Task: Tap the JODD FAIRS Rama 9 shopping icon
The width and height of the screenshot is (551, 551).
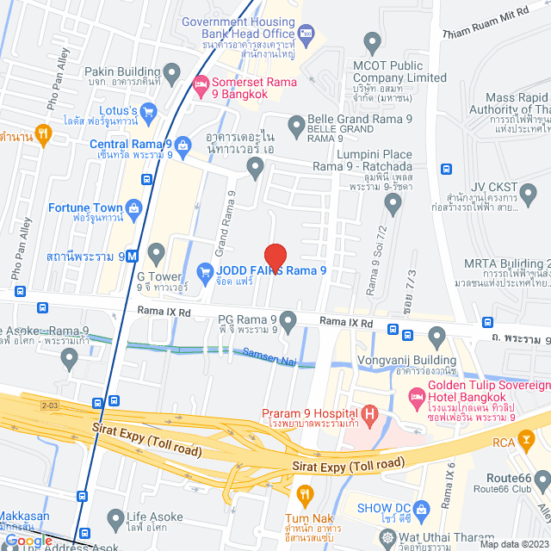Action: coord(205,272)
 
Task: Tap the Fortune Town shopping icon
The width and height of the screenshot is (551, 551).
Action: coord(133,207)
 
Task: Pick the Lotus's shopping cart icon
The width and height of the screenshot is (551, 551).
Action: coord(148,110)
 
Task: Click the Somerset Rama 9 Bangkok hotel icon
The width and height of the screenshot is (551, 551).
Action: coord(201,83)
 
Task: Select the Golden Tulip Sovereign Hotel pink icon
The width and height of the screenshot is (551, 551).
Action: coord(417,397)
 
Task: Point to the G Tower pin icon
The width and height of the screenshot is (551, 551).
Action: coord(156,253)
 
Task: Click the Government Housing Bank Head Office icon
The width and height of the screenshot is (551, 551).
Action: coord(307,33)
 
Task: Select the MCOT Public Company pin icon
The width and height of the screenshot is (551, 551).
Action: coord(372,40)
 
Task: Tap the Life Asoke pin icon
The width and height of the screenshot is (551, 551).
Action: coord(115,519)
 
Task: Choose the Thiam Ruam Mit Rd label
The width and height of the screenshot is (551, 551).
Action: coord(496,33)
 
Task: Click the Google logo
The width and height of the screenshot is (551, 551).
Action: coord(28,540)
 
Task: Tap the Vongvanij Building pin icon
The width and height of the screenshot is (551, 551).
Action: coord(436,334)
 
